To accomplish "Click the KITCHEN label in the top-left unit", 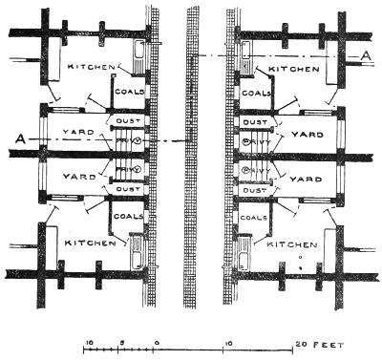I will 92,68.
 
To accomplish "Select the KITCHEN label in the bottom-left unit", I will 91,243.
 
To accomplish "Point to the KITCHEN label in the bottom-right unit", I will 293,245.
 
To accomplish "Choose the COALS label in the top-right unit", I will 255,94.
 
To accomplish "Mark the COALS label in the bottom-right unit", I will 255,217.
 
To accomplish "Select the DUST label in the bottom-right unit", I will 254,189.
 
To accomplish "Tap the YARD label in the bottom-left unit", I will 77,177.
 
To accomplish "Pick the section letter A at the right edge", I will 366,57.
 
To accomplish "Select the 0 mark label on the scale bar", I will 156,342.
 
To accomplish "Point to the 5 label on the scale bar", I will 122,342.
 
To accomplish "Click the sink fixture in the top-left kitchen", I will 140,53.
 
